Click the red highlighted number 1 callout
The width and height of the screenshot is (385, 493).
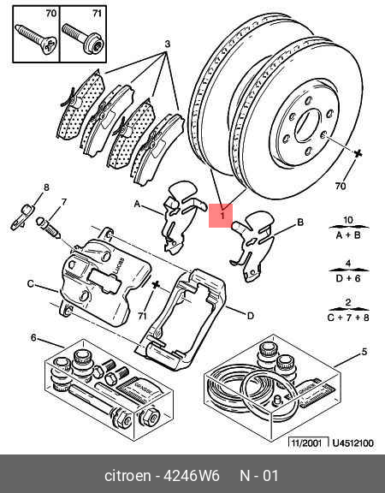(x=221, y=216)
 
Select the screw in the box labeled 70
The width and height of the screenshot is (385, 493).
(x=36, y=34)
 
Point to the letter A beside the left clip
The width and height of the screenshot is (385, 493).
(x=136, y=205)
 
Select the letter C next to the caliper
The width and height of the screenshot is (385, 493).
(x=30, y=284)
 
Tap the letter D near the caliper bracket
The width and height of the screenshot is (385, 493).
(x=251, y=316)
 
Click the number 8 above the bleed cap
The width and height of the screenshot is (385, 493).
(x=46, y=187)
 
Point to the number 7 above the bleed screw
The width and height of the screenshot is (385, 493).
(x=63, y=202)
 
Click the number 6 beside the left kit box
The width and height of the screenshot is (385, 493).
(x=33, y=337)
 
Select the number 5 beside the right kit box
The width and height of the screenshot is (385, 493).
(x=364, y=351)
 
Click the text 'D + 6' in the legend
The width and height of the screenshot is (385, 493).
(x=348, y=276)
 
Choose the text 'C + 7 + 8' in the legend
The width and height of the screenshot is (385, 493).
(x=348, y=316)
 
